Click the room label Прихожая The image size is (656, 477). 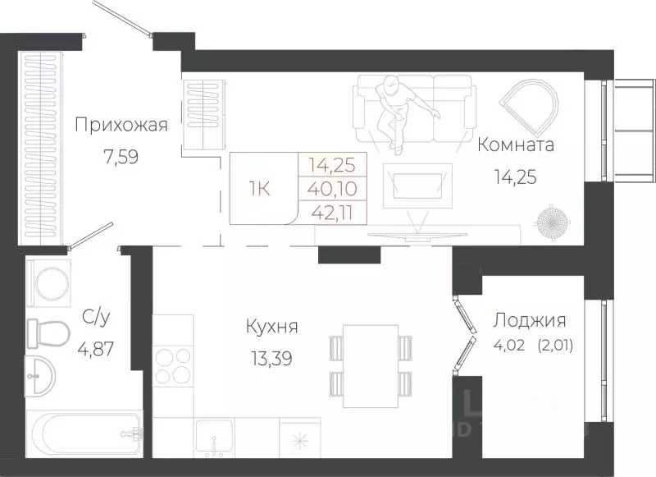coord(121,126)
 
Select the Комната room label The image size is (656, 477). coord(516,146)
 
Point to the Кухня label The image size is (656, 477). coord(271,328)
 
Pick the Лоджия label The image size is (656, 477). coord(529,321)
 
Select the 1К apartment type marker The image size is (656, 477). coord(262,187)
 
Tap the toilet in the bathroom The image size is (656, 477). coord(48,333)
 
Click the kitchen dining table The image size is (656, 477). coord(370,365)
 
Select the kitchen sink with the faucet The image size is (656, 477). coord(213,438)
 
